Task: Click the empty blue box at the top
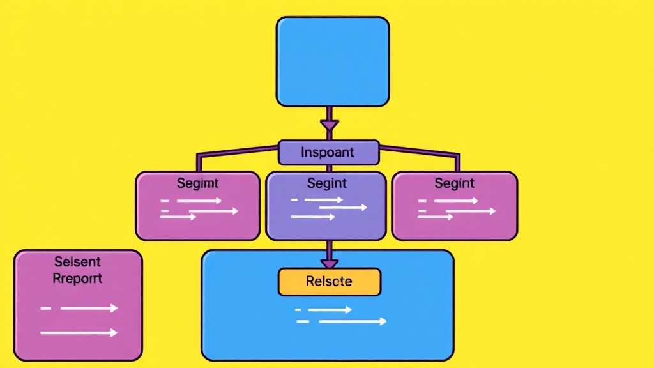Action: click(332, 61)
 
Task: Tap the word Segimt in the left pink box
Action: click(197, 183)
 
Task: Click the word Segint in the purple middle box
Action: click(326, 183)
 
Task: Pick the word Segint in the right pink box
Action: click(454, 183)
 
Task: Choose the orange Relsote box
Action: click(329, 281)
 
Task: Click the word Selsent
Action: click(77, 263)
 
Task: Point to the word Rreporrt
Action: click(77, 279)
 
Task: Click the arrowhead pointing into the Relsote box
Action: click(329, 263)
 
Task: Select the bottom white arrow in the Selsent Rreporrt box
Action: click(79, 333)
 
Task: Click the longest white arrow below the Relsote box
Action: click(353, 321)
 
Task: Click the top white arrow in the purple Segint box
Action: click(323, 200)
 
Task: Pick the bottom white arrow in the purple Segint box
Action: click(313, 217)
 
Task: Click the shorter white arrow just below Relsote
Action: click(330, 310)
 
